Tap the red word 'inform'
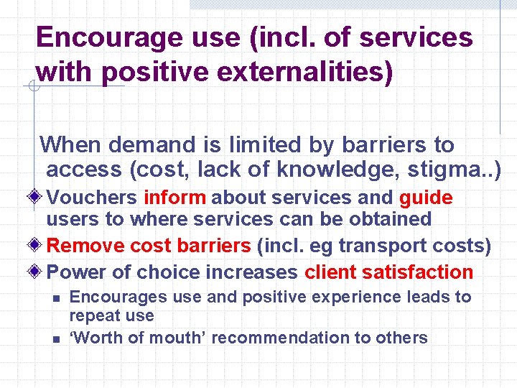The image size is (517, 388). [174, 198]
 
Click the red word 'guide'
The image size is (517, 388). [426, 198]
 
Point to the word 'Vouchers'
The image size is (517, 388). [93, 198]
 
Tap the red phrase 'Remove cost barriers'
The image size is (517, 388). [149, 246]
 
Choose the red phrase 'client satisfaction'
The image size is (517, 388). [388, 272]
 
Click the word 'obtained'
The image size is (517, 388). [393, 219]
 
